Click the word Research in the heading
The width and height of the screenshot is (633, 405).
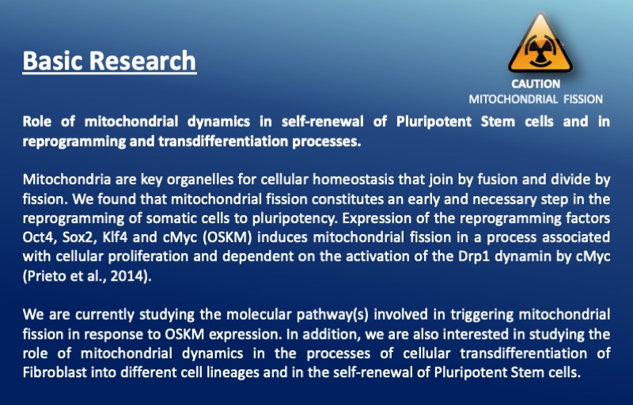click(142, 60)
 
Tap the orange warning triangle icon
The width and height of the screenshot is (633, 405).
click(540, 43)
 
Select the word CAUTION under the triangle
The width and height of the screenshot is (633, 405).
click(536, 84)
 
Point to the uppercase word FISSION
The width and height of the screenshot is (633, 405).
click(583, 99)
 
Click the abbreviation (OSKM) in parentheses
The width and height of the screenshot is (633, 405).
click(226, 237)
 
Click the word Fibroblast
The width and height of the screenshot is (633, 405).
click(55, 373)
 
